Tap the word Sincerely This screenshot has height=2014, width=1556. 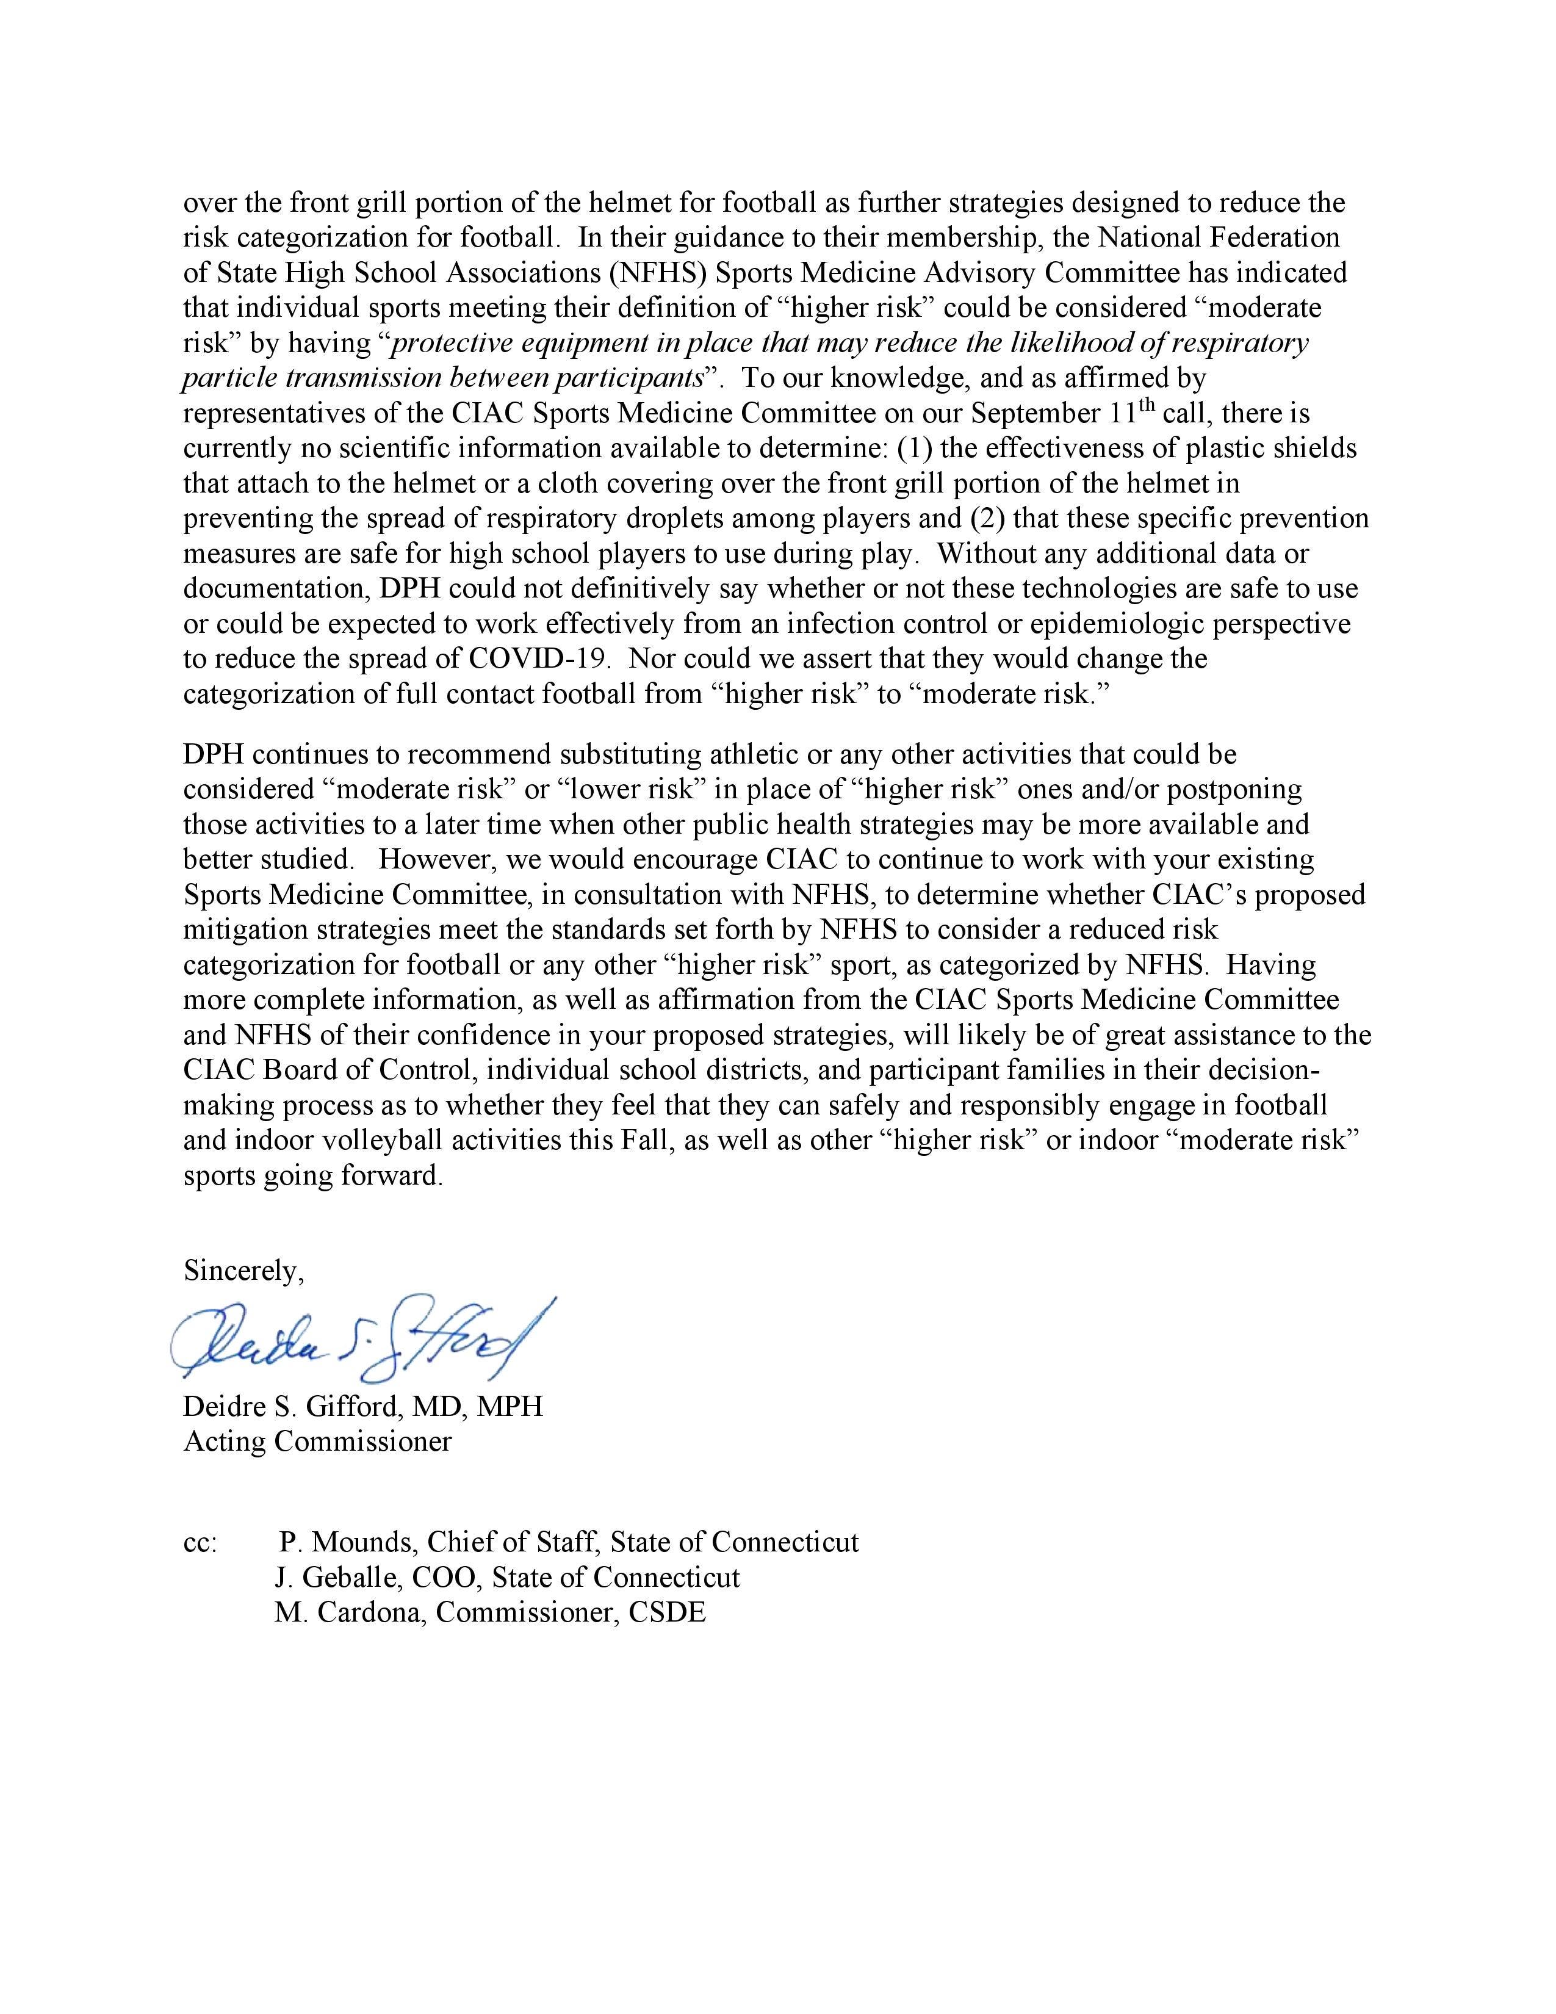[242, 1271]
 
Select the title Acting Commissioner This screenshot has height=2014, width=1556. [317, 1442]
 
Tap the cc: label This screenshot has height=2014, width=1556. [200, 1542]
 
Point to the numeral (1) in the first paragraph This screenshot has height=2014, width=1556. [912, 448]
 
